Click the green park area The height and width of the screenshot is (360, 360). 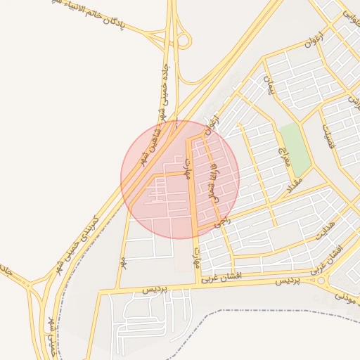(x=294, y=148)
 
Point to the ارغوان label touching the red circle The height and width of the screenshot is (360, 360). (x=211, y=124)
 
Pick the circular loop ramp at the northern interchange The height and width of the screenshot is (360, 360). (x=184, y=41)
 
